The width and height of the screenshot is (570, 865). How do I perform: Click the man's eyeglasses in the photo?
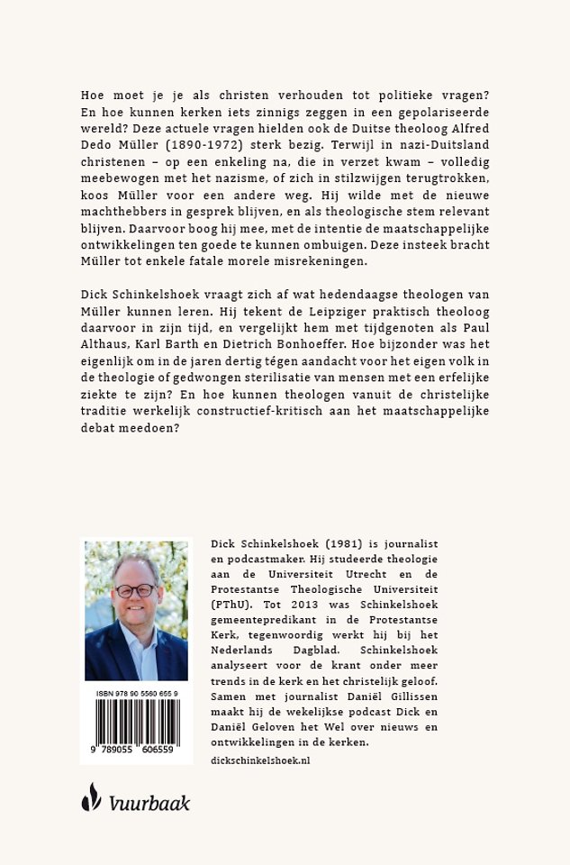click(136, 590)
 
